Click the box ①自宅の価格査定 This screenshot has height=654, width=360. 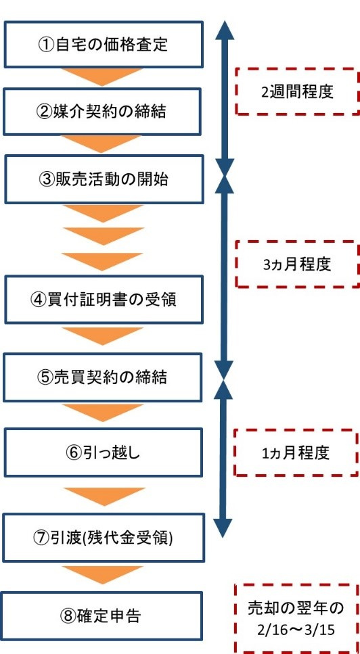(104, 45)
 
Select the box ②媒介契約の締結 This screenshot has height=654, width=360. (104, 112)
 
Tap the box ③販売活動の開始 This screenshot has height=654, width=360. (104, 179)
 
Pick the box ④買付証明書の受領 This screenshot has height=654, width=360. (104, 300)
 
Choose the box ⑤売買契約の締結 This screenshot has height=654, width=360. (104, 377)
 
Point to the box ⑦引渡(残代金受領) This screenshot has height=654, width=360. (104, 538)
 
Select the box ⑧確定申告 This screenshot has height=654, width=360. (104, 615)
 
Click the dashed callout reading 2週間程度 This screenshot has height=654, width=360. (296, 91)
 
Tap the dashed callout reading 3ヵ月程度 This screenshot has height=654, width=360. (296, 264)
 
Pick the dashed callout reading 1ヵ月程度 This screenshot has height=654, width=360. (296, 452)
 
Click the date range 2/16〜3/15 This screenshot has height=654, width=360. (297, 628)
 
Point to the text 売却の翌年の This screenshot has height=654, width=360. (297, 607)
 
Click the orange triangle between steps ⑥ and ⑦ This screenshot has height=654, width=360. (104, 496)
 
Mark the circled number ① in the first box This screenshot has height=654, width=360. (46, 46)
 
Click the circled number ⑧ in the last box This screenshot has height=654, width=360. (68, 616)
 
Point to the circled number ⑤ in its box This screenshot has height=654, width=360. (46, 377)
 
